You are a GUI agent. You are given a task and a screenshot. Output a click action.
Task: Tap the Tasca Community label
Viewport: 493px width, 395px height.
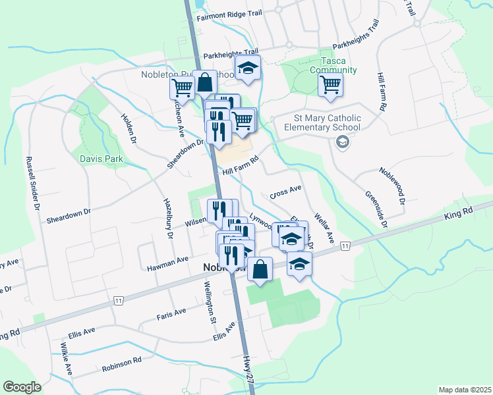click(337, 65)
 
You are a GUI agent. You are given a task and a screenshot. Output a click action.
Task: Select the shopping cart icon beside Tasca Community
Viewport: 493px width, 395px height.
click(330, 84)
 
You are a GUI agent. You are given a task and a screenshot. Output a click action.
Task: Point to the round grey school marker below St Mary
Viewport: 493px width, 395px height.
click(342, 142)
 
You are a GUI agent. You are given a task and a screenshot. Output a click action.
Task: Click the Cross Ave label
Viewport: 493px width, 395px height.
click(285, 192)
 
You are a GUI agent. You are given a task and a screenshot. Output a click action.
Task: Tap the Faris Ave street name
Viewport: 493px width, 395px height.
click(171, 314)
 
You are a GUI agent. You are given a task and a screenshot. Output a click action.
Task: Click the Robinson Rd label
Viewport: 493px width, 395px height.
click(122, 364)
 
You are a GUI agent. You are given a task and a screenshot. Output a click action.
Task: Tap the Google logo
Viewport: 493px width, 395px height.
click(22, 387)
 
